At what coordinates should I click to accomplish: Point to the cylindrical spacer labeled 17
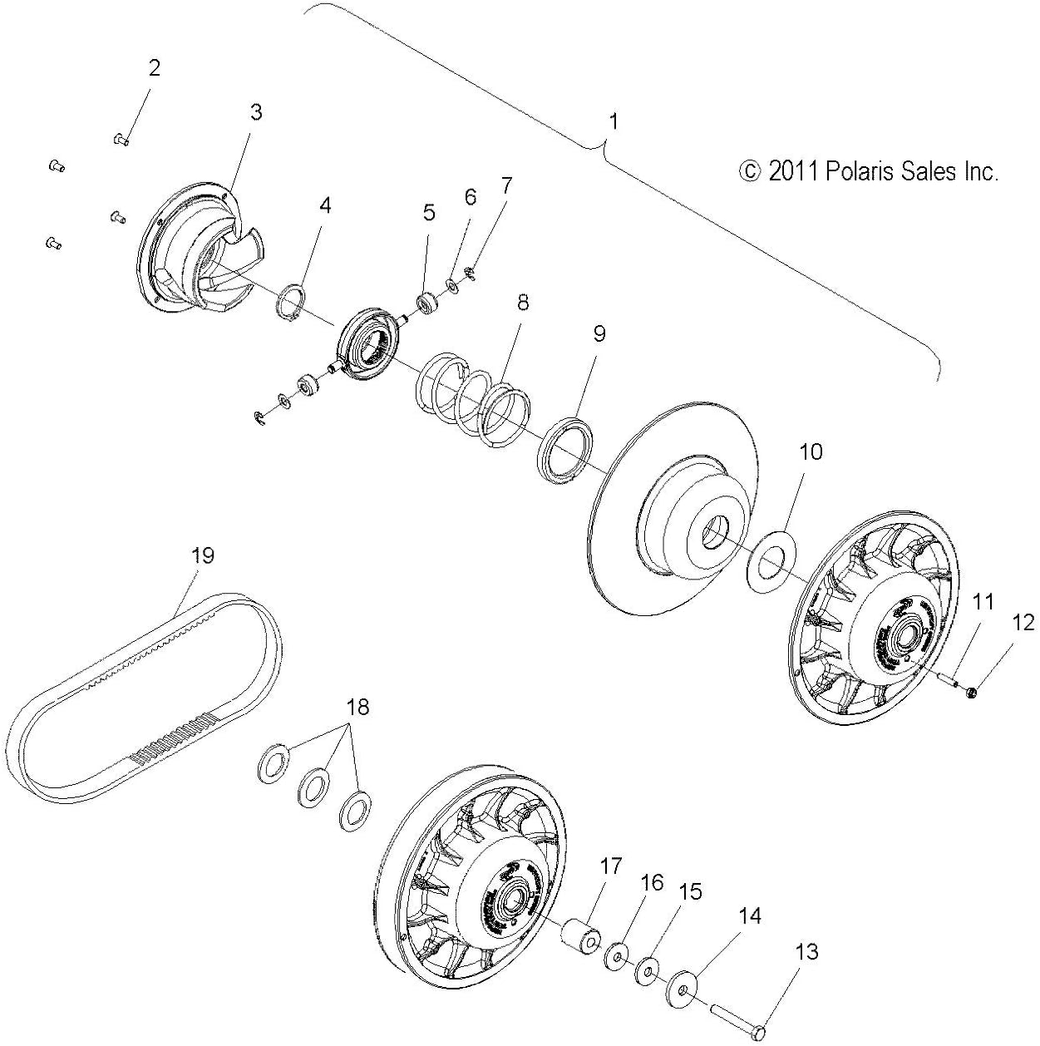point(578,938)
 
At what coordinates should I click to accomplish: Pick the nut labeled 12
point(973,691)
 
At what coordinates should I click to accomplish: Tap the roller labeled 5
point(429,302)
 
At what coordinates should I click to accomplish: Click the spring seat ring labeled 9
point(566,453)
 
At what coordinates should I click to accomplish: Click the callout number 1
point(613,121)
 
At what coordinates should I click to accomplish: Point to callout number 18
point(357,708)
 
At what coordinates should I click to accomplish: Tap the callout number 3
point(255,111)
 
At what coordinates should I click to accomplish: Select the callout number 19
point(203,555)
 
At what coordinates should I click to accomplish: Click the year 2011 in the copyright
point(793,171)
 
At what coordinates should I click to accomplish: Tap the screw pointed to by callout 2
point(121,140)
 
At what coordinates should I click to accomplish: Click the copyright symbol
point(749,171)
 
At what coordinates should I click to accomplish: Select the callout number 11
point(983,602)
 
